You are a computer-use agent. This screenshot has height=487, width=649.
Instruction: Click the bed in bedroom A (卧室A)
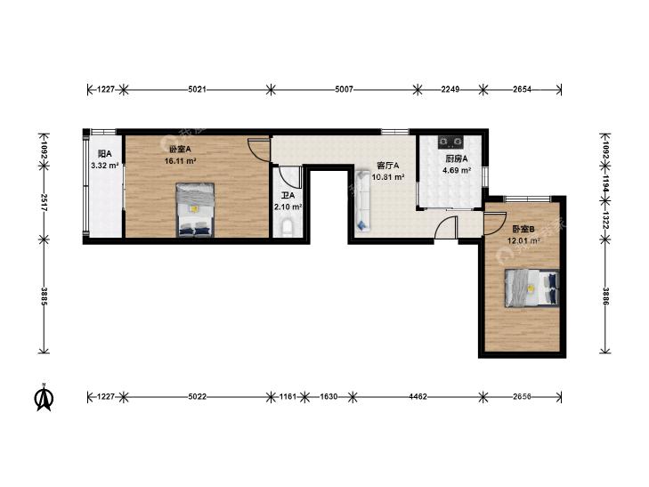pyautogui.click(x=195, y=210)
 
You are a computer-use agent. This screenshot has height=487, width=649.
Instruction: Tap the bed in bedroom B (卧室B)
pyautogui.click(x=531, y=288)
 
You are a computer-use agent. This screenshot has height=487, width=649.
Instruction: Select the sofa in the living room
pyautogui.click(x=362, y=199)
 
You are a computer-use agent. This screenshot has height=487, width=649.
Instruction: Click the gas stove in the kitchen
pyautogui.click(x=450, y=142)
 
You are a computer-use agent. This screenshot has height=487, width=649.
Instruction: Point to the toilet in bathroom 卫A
pyautogui.click(x=288, y=229)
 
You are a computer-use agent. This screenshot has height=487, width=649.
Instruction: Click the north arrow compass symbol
pyautogui.click(x=44, y=396)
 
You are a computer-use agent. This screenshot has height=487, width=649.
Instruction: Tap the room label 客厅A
pyautogui.click(x=387, y=166)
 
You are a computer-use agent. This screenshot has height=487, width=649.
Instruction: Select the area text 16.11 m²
pyautogui.click(x=180, y=161)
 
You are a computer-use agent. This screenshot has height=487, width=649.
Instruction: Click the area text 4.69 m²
pyautogui.click(x=457, y=170)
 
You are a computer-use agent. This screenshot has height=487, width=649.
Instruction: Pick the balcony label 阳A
pyautogui.click(x=105, y=154)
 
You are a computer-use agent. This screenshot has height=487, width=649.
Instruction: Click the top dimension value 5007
pyautogui.click(x=344, y=89)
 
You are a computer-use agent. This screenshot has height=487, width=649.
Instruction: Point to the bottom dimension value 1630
pyautogui.click(x=329, y=397)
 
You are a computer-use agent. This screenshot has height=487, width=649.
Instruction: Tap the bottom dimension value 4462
pyautogui.click(x=418, y=397)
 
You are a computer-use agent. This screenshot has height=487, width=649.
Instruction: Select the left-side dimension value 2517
pyautogui.click(x=44, y=204)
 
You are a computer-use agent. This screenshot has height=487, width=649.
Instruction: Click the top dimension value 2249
pyautogui.click(x=450, y=89)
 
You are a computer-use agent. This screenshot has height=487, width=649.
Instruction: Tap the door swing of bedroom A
pyautogui.click(x=259, y=148)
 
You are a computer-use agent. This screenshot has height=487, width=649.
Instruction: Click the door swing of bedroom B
pyautogui.click(x=495, y=223)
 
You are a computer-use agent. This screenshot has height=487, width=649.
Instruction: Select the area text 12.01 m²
pyautogui.click(x=523, y=240)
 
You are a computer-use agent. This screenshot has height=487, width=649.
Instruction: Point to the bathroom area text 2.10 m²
pyautogui.click(x=288, y=207)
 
